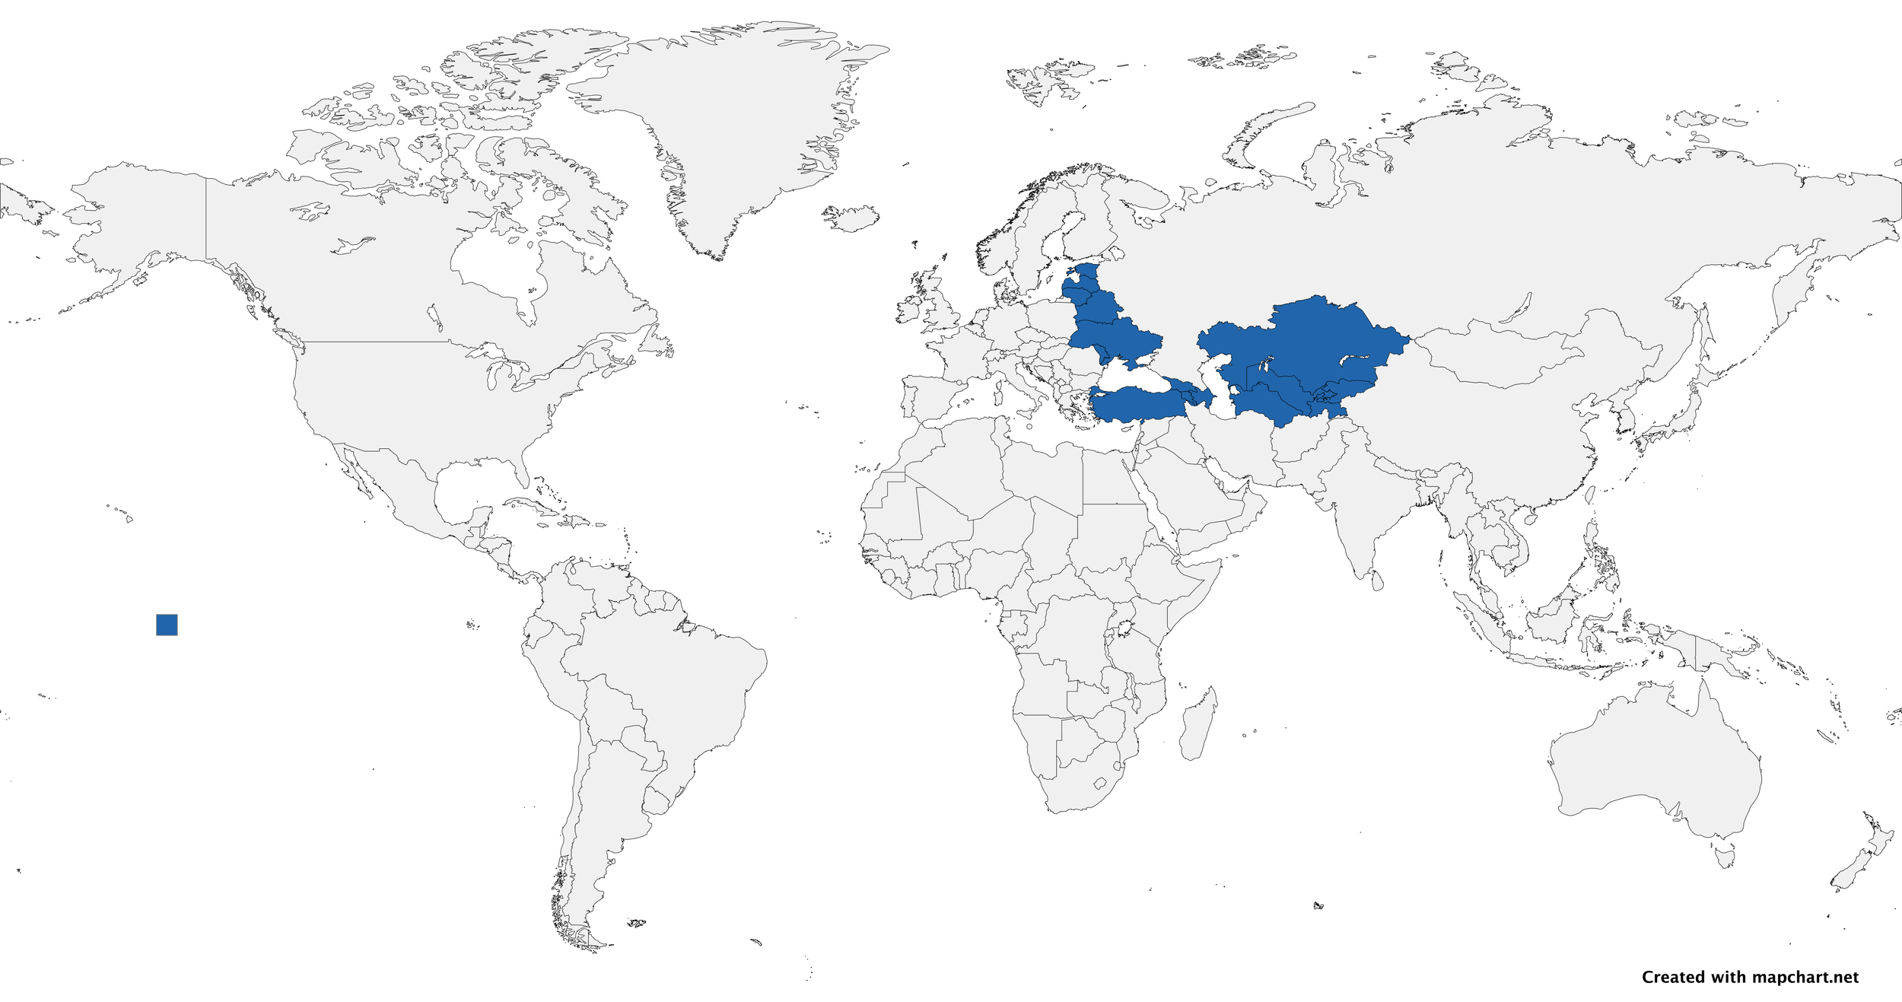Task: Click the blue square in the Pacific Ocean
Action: point(167,625)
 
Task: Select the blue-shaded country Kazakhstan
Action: point(1309,342)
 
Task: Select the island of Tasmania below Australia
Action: point(1726,858)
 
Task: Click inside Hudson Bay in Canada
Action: point(495,266)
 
